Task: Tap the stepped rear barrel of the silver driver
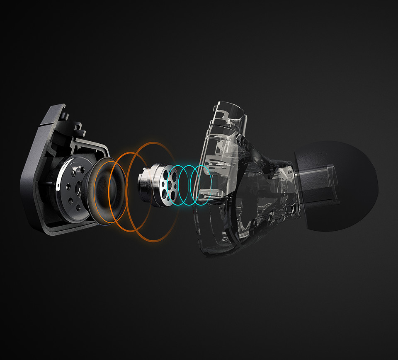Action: pyautogui.click(x=145, y=182)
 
